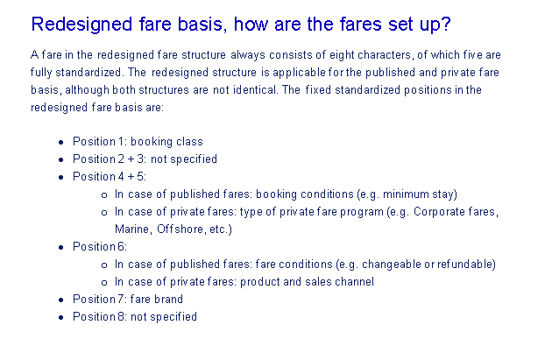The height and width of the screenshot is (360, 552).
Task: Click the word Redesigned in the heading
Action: click(81, 25)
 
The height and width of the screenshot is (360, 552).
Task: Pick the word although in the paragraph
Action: click(87, 90)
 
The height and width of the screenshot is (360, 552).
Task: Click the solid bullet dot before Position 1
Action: click(61, 142)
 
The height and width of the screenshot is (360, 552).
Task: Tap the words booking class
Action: click(166, 142)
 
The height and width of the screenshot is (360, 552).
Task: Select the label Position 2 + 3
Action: click(109, 159)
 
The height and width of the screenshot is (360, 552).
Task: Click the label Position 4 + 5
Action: click(109, 176)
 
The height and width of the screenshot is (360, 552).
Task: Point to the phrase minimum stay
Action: click(419, 194)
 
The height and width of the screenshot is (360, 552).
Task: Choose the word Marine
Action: click(132, 229)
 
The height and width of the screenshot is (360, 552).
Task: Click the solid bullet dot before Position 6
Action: click(61, 247)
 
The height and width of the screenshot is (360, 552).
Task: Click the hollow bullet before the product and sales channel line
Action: click(104, 282)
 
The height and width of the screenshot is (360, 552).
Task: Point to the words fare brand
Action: click(157, 299)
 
